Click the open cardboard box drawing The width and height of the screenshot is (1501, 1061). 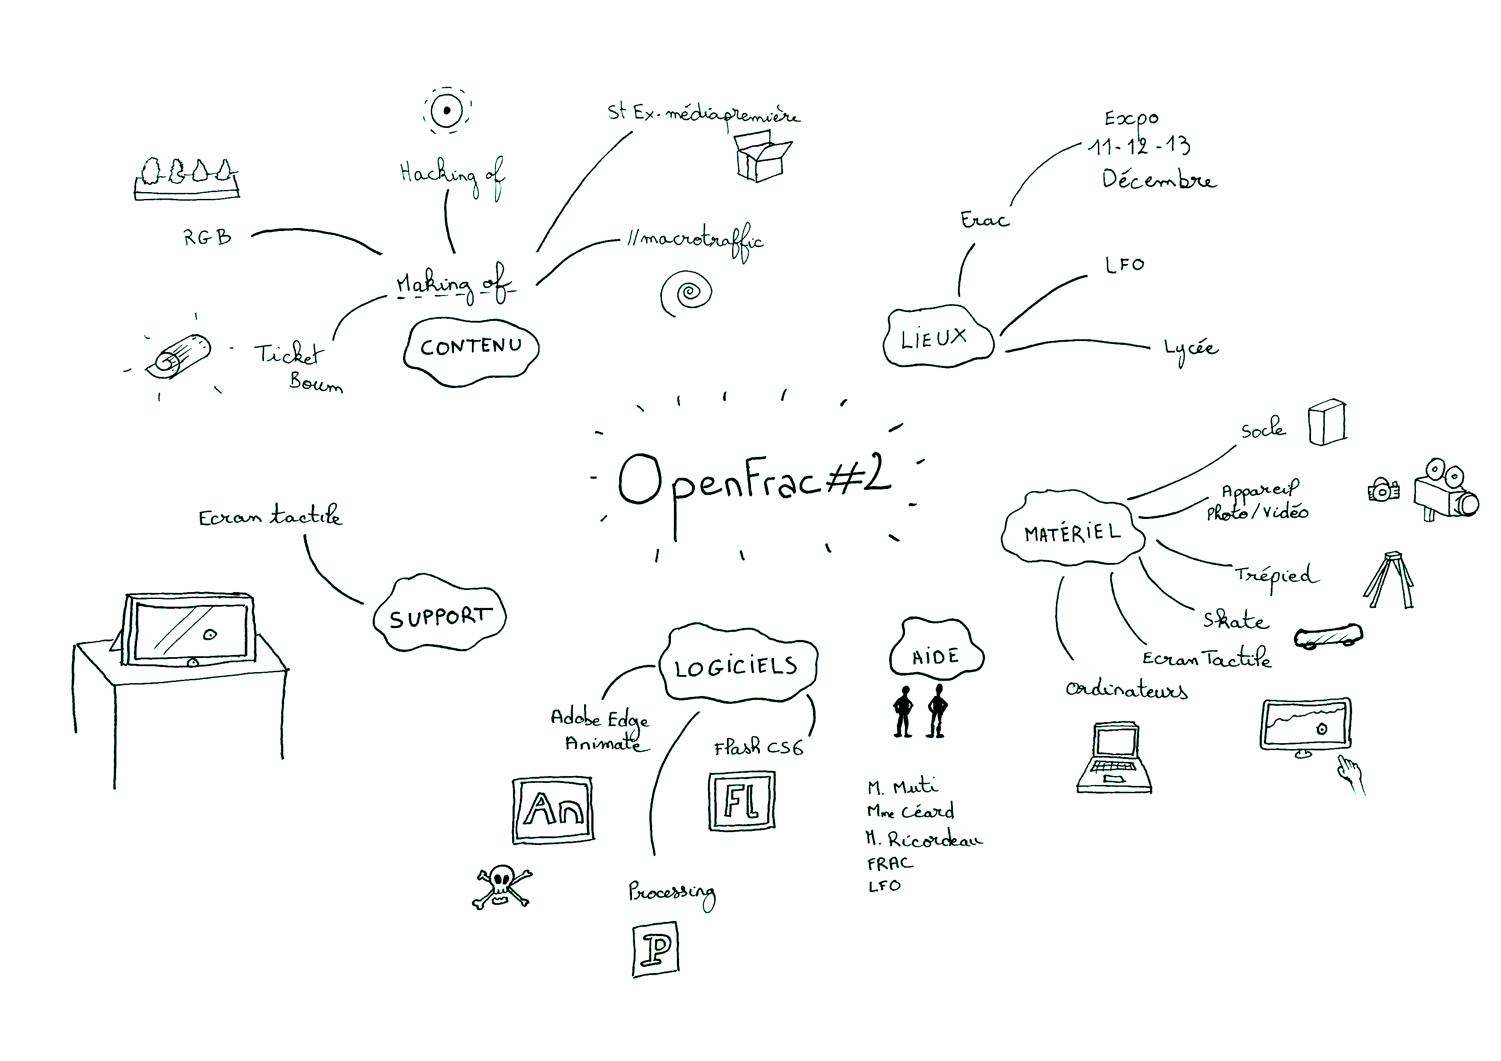coord(760,156)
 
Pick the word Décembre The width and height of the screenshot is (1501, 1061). coord(1158,179)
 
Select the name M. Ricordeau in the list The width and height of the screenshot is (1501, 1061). coord(924,839)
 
